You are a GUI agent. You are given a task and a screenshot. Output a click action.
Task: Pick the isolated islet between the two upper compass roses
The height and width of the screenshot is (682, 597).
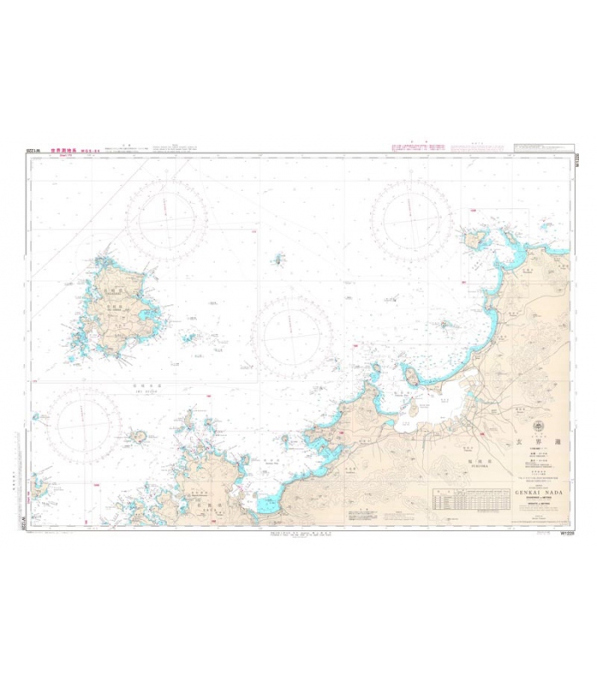pos(278,258)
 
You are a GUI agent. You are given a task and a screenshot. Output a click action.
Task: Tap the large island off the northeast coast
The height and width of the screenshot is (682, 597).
pos(472,238)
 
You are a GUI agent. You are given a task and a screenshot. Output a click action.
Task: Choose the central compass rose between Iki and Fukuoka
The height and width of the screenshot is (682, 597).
pos(293,332)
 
